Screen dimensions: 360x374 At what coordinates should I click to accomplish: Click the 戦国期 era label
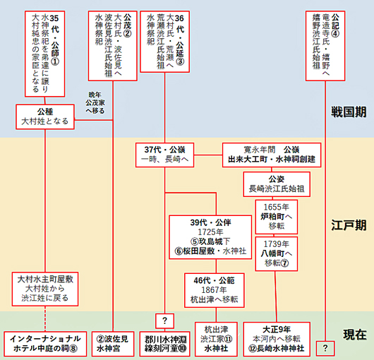coord(349,112)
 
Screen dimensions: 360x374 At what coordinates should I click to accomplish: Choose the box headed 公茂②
coord(108,45)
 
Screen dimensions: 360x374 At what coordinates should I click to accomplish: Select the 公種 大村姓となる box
coord(46,116)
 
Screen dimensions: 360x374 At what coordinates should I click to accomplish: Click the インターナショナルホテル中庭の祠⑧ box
coord(46,343)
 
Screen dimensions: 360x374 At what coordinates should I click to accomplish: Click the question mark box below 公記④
coord(325,348)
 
